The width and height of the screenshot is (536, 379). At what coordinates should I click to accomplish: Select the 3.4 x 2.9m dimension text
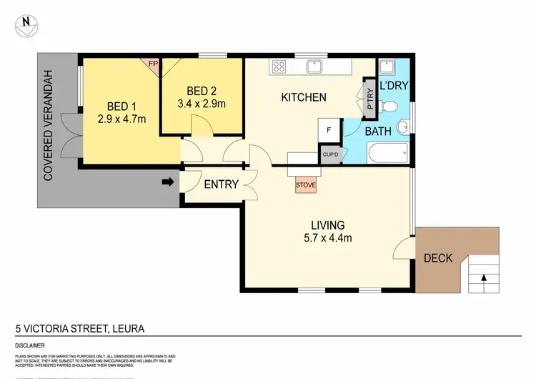(x=206, y=104)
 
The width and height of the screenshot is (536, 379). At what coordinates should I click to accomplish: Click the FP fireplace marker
(x=153, y=63)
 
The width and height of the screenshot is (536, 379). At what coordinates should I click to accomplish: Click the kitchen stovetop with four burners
(x=279, y=67)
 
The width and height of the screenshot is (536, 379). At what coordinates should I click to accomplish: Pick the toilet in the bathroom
(x=389, y=107)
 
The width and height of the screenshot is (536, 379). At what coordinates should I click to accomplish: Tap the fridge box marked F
(x=329, y=131)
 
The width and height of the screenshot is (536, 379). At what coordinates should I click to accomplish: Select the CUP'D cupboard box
(x=330, y=154)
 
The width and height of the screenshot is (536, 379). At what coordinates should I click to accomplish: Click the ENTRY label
(x=221, y=184)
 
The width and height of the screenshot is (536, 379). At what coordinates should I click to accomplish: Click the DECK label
(x=438, y=258)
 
